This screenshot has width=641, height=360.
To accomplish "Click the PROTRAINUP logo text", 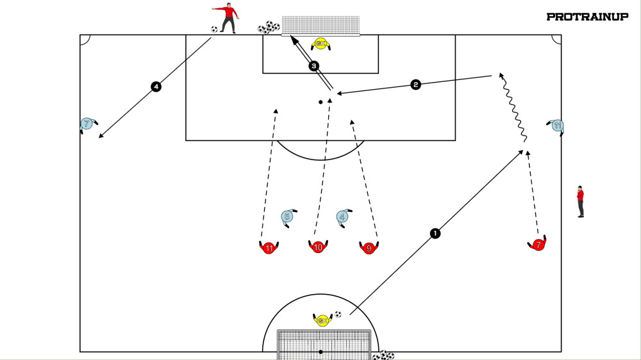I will [587, 17].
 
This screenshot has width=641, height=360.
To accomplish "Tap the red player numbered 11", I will [269, 248].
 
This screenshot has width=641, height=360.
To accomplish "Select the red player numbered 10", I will [318, 247].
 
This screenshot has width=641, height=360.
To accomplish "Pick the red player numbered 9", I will [369, 248].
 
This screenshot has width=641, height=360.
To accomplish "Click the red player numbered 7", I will [538, 245].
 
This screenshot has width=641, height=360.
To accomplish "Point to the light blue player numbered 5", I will [288, 217].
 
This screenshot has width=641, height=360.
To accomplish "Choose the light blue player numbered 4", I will [343, 217].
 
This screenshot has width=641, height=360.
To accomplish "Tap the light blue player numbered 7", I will [87, 124].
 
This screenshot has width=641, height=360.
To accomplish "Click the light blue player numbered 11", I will [557, 126].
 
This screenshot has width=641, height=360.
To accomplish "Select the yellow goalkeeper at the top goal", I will [320, 44].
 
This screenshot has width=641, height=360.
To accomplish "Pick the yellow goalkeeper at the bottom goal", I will [322, 320].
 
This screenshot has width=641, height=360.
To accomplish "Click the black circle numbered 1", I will [435, 233].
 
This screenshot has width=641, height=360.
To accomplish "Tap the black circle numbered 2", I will [415, 85].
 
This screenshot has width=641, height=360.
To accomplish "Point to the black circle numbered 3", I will [313, 65].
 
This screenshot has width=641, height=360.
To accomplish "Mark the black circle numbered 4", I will [155, 86].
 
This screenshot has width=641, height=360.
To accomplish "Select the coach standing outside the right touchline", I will [580, 201].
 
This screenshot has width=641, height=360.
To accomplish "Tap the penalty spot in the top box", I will [320, 102].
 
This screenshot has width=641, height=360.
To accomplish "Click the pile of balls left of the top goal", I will [269, 28].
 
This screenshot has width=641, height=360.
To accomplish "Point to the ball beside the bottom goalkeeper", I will [338, 315].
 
